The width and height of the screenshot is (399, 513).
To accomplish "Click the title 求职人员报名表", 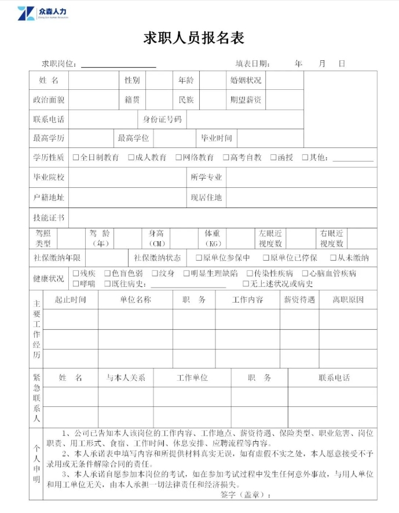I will (x=194, y=38).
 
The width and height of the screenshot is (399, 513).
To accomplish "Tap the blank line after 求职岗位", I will (x=118, y=65).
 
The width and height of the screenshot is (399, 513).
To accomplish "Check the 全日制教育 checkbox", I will (x=76, y=158).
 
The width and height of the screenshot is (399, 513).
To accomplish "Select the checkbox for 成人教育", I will (x=131, y=158).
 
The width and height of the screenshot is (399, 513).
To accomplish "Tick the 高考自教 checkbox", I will (x=226, y=158).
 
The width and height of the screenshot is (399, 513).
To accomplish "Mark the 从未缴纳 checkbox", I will (x=334, y=258).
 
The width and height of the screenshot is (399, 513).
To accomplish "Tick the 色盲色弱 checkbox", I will (x=108, y=274).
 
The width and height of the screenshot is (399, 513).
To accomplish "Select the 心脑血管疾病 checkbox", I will (x=305, y=274).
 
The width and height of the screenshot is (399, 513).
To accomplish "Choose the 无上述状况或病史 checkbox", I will (x=246, y=284).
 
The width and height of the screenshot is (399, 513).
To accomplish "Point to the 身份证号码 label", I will (x=162, y=119).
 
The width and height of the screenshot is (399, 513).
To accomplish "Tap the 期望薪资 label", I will (x=246, y=100).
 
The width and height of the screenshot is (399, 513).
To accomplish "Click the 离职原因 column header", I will (x=347, y=300).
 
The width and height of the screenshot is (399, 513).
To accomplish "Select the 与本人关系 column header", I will (x=126, y=377).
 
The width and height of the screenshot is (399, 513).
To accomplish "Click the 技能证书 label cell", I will (x=49, y=217).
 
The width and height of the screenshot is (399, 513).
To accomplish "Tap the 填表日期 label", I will (x=252, y=63).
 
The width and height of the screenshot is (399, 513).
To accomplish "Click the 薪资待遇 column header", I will (x=299, y=300).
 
